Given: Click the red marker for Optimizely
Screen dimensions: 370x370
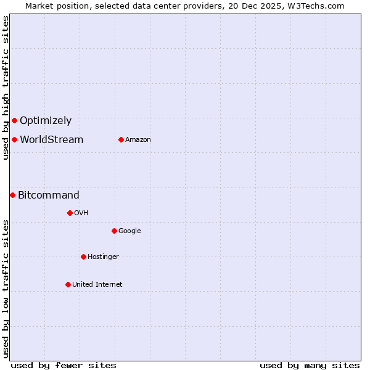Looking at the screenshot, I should pyautogui.click(x=14, y=120).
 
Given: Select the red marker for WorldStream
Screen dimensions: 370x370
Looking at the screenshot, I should pyautogui.click(x=14, y=139).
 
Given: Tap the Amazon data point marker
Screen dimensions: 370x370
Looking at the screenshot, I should pyautogui.click(x=121, y=139).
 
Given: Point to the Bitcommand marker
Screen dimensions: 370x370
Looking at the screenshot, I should pyautogui.click(x=12, y=195).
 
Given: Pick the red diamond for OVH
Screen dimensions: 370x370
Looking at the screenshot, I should pyautogui.click(x=70, y=213).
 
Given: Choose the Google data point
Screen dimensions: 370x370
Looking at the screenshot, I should pyautogui.click(x=114, y=231).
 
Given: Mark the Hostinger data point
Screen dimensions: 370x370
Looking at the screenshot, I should pyautogui.click(x=83, y=257).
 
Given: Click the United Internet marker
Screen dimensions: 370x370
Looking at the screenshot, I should pyautogui.click(x=68, y=284).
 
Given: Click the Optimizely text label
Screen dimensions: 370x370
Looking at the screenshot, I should pyautogui.click(x=46, y=121).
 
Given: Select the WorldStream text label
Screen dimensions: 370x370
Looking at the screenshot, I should pyautogui.click(x=51, y=140).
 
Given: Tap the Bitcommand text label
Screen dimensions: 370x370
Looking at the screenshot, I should pyautogui.click(x=49, y=195).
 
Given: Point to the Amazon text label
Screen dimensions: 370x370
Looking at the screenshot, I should pyautogui.click(x=138, y=140).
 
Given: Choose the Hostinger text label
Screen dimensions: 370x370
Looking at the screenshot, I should pyautogui.click(x=103, y=257).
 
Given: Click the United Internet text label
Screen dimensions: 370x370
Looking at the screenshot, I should pyautogui.click(x=97, y=285).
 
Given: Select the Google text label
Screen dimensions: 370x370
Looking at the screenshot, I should pyautogui.click(x=129, y=231).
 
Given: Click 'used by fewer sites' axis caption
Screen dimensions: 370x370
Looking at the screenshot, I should pyautogui.click(x=64, y=365).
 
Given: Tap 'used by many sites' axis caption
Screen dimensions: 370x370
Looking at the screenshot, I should pyautogui.click(x=310, y=365).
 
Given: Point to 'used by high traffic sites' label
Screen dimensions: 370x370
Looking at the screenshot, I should pyautogui.click(x=6, y=88).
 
